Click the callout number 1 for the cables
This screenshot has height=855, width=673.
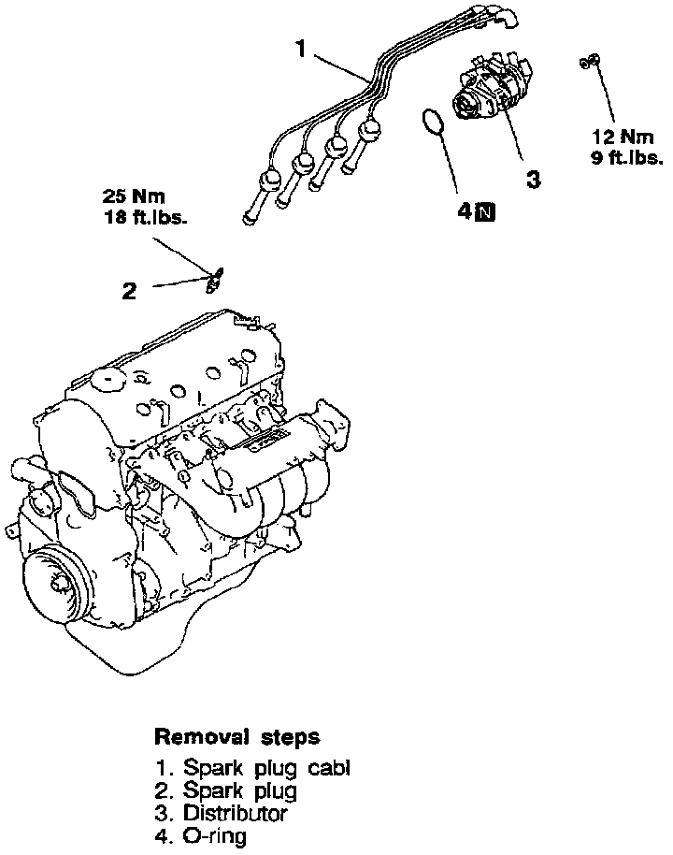[301, 49]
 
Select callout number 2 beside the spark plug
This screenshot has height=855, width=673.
[129, 291]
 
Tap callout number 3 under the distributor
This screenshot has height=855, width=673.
[532, 179]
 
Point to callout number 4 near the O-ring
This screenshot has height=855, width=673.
[465, 211]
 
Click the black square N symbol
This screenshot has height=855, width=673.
[485, 211]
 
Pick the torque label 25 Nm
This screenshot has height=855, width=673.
[133, 197]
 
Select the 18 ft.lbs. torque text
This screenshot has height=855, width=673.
[145, 219]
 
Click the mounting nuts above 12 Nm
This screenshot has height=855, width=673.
[589, 61]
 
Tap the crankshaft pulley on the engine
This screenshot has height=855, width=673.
[58, 582]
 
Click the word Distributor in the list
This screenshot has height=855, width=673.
[235, 813]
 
